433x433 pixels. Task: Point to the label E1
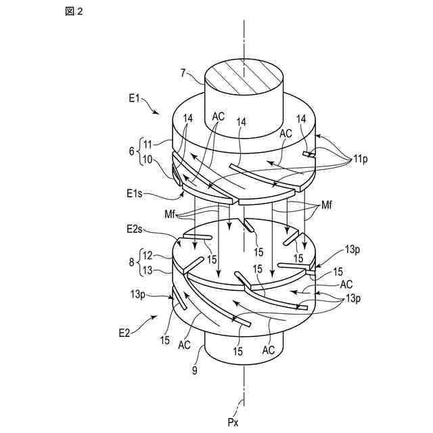tap(134, 99)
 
